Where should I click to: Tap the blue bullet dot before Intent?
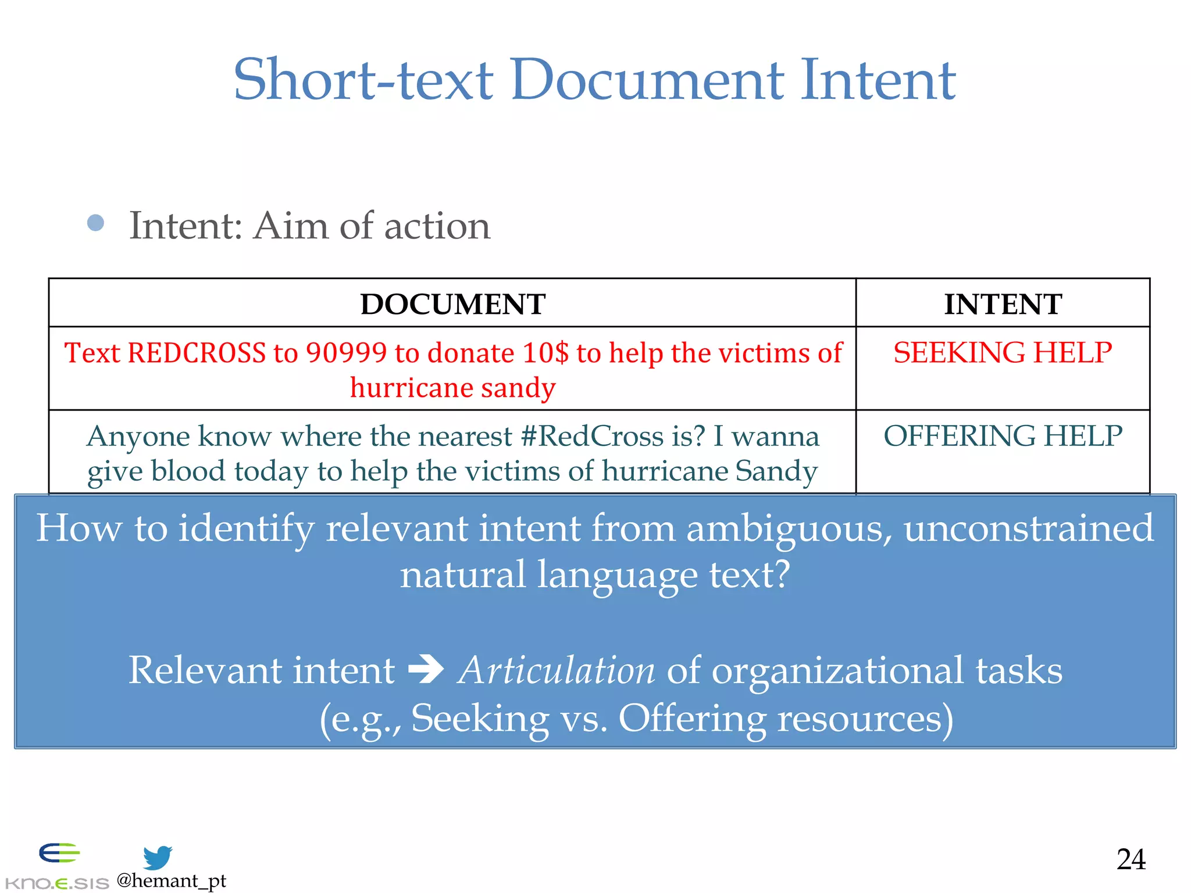95,223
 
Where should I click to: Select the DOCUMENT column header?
452,304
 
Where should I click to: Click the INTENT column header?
1003,304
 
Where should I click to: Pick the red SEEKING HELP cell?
1003,353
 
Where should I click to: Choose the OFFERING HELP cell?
1003,436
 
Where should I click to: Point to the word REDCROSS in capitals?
196,353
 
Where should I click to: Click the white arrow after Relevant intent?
426,670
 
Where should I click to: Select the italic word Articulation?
556,670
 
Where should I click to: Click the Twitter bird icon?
158,858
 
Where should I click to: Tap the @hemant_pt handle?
171,881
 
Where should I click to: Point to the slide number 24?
1131,859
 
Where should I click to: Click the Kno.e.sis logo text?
56,883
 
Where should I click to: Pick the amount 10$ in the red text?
545,353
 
